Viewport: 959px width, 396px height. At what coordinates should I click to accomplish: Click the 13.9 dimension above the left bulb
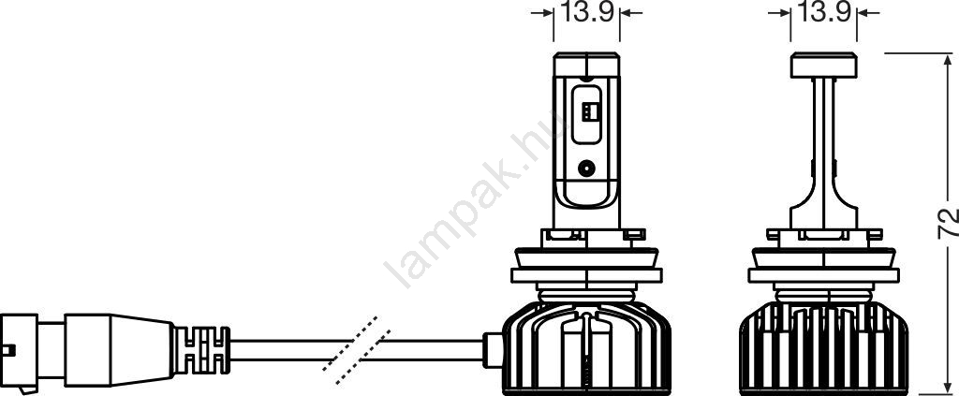tap(587, 12)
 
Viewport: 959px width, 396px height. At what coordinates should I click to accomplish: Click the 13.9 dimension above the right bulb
tap(824, 12)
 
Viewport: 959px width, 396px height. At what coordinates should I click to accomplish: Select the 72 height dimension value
tap(947, 224)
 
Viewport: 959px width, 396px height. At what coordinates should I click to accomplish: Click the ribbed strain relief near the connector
tap(202, 350)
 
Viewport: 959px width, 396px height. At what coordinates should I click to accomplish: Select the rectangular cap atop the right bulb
tap(823, 66)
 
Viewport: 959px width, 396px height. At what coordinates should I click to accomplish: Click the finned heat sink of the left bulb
tap(586, 347)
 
